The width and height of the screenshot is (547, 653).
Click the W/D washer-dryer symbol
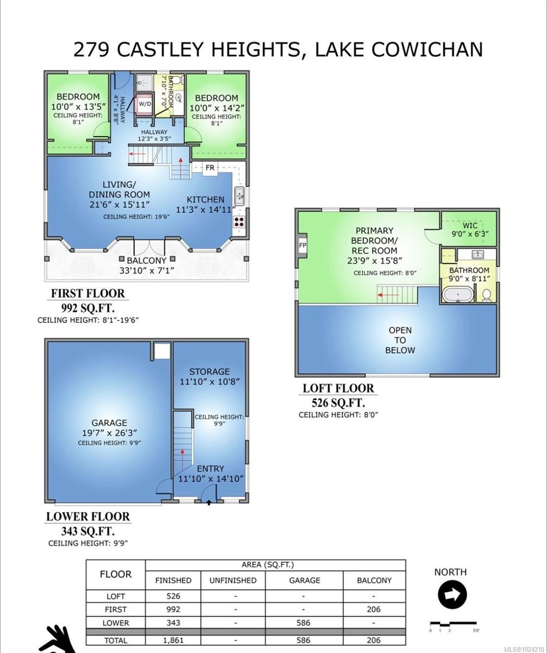[145, 103]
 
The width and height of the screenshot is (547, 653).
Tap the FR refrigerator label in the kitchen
[210, 168]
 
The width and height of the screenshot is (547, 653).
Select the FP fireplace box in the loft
[303, 245]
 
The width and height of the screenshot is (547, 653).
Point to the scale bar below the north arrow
[453, 624]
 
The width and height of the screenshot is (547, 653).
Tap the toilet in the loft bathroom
[487, 295]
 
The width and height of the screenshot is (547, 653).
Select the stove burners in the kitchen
[239, 221]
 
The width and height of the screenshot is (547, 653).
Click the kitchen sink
[239, 195]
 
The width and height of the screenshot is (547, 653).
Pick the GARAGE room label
[109, 423]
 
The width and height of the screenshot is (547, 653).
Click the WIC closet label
[470, 225]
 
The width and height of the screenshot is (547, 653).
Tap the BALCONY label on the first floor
[146, 261]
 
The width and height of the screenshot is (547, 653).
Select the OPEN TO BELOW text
[400, 340]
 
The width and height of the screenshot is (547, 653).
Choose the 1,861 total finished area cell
[173, 640]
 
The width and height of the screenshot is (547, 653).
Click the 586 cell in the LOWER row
[304, 623]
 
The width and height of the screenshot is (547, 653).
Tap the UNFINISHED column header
[233, 581]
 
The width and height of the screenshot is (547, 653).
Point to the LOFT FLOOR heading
[338, 389]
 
